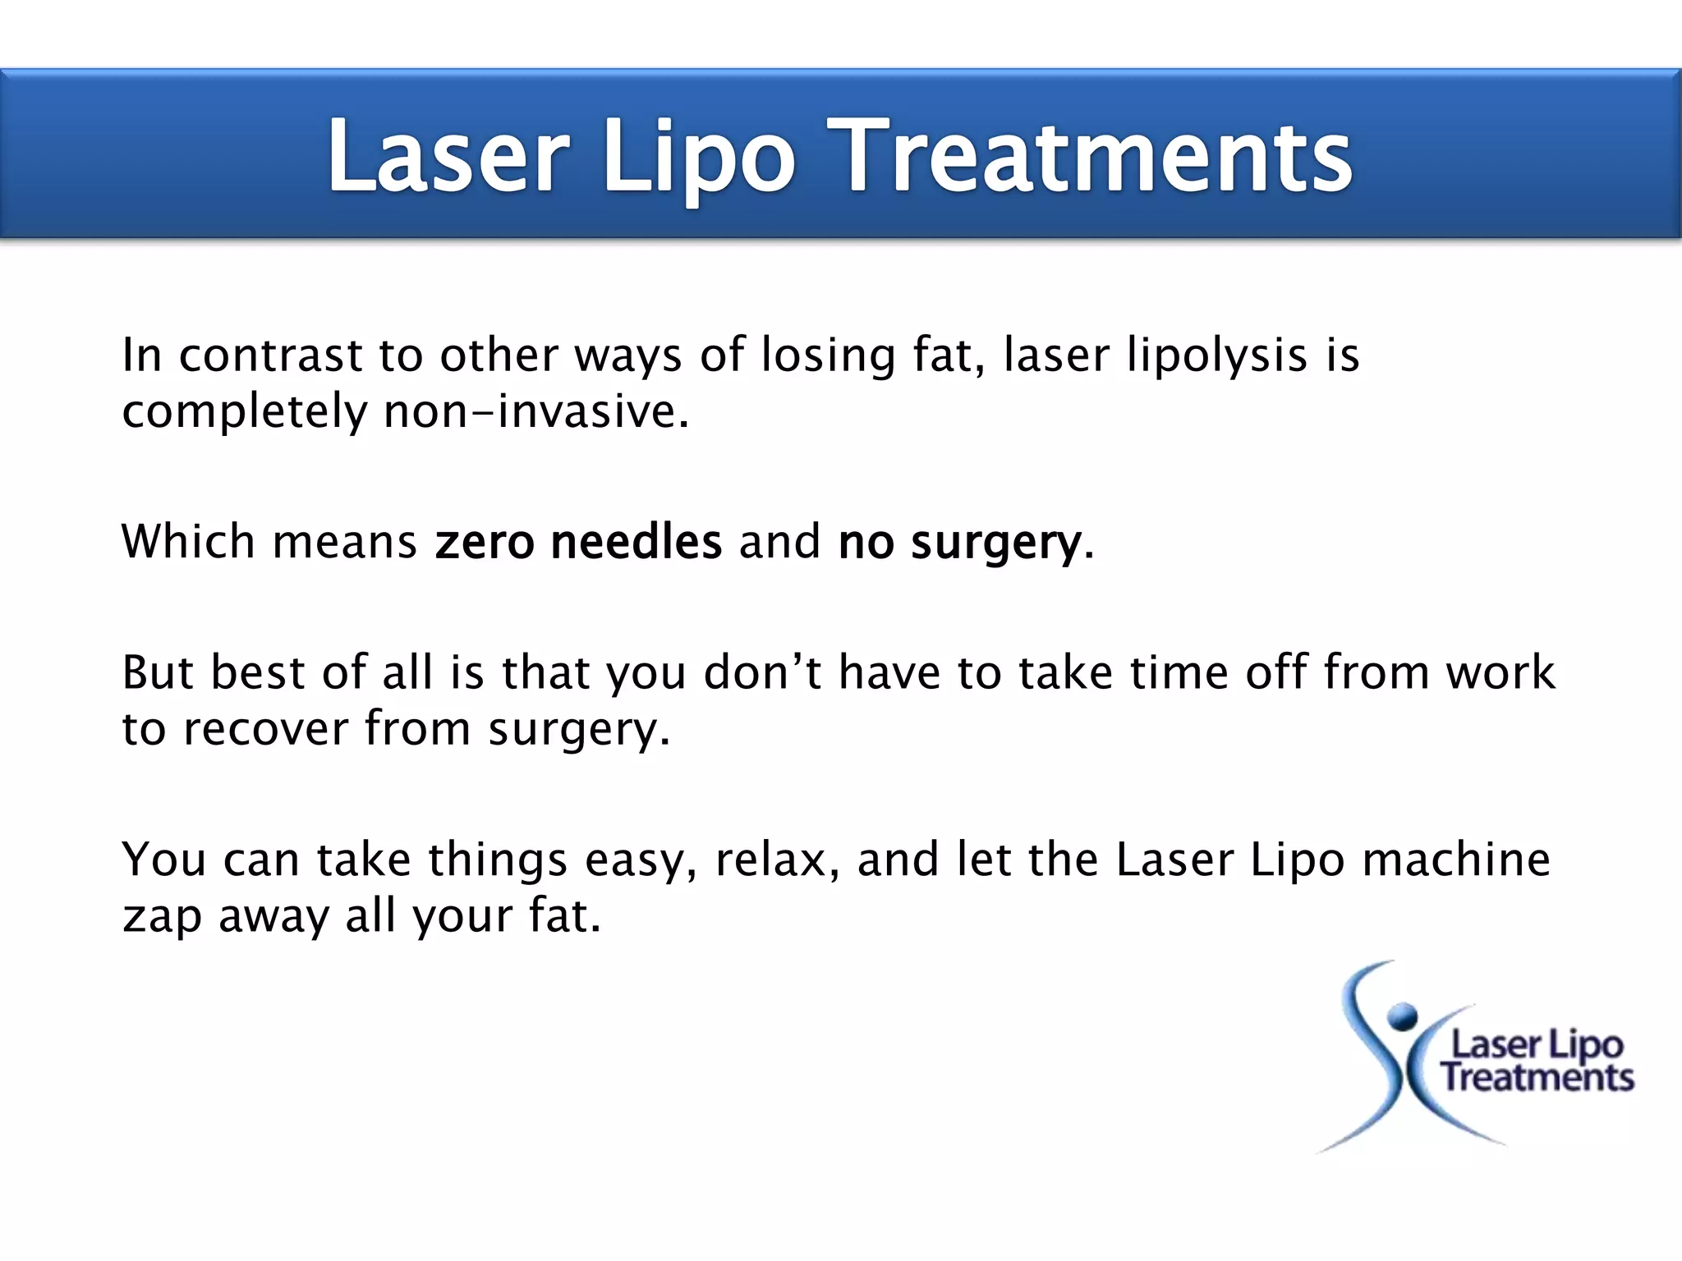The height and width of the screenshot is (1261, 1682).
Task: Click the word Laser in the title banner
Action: pos(448,156)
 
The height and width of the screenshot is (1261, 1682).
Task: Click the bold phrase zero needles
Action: pos(578,543)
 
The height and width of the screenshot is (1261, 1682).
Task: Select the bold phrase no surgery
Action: pos(960,543)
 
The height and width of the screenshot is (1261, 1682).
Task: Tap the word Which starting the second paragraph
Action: pos(188,543)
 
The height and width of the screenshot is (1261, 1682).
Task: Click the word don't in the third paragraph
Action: pos(762,673)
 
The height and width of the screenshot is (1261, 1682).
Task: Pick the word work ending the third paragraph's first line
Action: pos(1500,673)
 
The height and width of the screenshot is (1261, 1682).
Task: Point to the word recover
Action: pos(265,729)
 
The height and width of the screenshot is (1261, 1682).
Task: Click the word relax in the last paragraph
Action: pos(771,860)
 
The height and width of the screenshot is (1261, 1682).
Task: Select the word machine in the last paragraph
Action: pos(1455,860)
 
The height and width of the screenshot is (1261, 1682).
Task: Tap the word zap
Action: pos(162,916)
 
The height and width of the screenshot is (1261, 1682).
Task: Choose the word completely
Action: pos(244,412)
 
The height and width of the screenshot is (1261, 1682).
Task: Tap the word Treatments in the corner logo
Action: pos(1537,1077)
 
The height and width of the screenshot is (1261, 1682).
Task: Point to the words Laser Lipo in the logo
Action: pos(1537,1044)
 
